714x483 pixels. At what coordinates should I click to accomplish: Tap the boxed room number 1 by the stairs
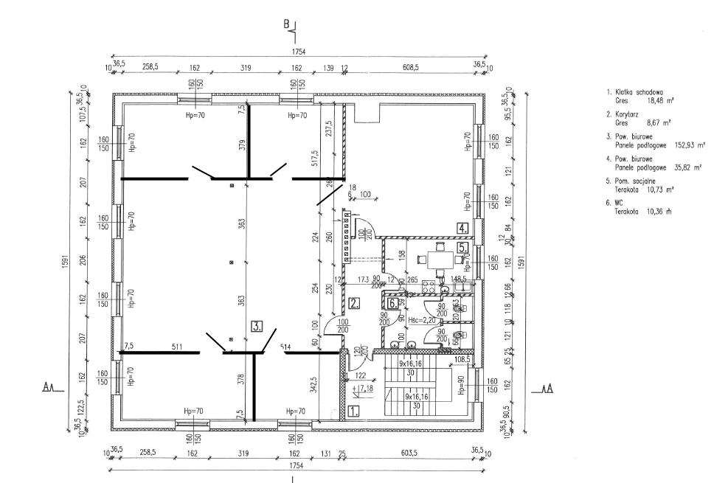pos(353,412)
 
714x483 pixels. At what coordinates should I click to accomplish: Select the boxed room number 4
pos(462,227)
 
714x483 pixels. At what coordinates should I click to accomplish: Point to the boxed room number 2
pos(354,302)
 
